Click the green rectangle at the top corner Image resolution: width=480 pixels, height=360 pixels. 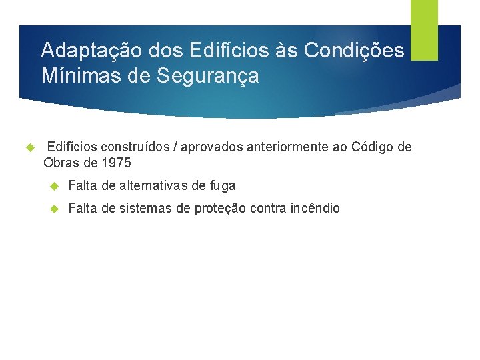(424, 30)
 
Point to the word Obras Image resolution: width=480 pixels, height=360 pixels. (61, 162)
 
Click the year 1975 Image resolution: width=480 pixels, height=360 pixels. (117, 162)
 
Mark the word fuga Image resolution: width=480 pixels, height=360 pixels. (222, 186)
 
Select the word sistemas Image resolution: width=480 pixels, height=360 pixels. (145, 208)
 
